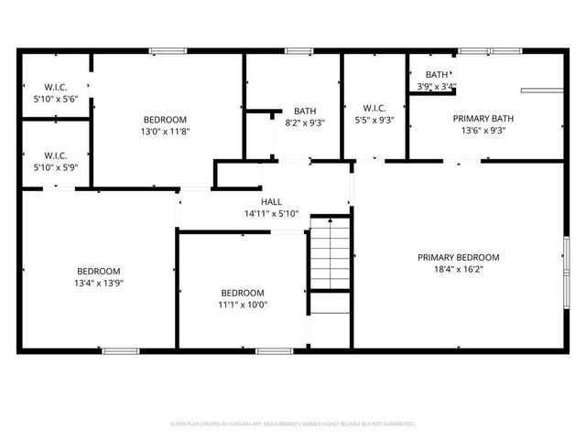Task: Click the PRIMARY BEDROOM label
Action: point(459,257)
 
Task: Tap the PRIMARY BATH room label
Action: point(479,118)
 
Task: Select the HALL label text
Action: point(271,201)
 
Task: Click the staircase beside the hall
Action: point(331,253)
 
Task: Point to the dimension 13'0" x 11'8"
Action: point(165,131)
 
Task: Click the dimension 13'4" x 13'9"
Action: point(98,284)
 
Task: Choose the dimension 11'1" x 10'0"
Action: point(243,305)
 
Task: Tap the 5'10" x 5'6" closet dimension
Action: point(56,98)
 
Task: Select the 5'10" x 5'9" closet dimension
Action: point(56,167)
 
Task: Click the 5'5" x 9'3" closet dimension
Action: point(374,120)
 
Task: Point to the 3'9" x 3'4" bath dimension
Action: point(437,87)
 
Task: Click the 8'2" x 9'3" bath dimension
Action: point(305,122)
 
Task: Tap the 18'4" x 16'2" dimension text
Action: point(459,270)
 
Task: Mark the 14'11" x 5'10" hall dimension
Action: point(271,213)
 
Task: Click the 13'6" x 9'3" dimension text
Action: point(479,131)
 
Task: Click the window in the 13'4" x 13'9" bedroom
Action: point(120,350)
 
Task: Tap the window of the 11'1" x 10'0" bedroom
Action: point(274,350)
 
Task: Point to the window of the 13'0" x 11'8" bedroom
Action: point(168,50)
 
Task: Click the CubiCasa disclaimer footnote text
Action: point(293,423)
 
